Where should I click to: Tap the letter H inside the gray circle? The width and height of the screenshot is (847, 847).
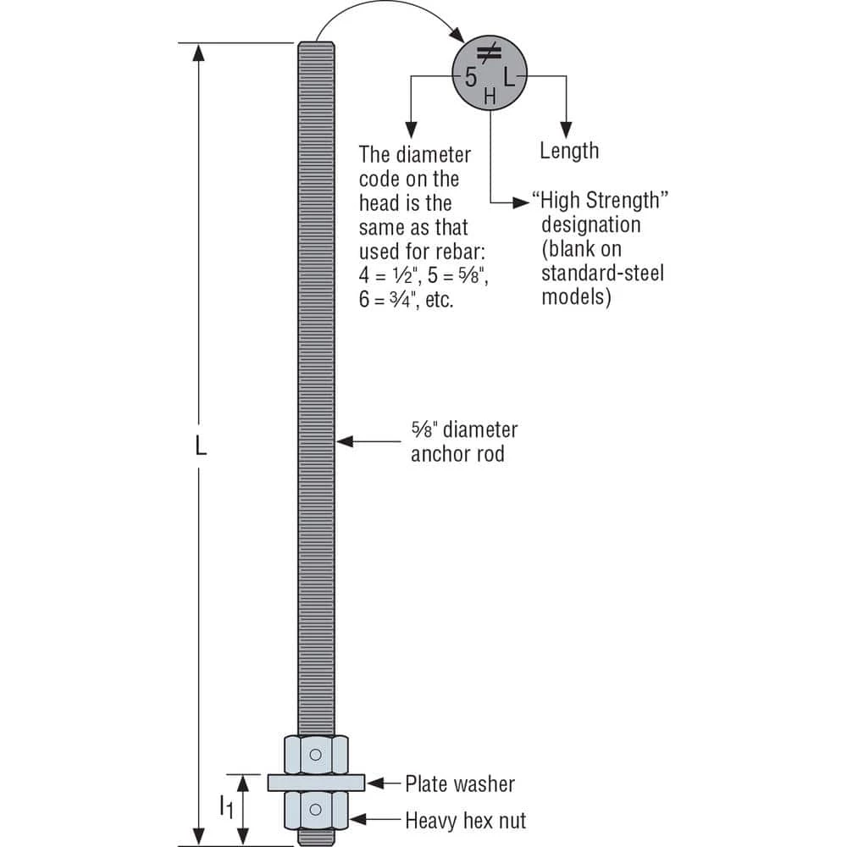[490, 98]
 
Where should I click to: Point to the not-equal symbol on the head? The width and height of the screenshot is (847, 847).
[489, 55]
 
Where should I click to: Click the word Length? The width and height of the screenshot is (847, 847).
[569, 151]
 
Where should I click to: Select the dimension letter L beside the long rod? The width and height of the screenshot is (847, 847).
[202, 447]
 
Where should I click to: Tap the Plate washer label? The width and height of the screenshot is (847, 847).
[460, 783]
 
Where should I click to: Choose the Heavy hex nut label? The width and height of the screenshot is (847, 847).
[466, 820]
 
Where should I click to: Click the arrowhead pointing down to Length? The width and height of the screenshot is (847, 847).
[567, 127]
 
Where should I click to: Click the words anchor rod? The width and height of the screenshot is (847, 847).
[457, 454]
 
